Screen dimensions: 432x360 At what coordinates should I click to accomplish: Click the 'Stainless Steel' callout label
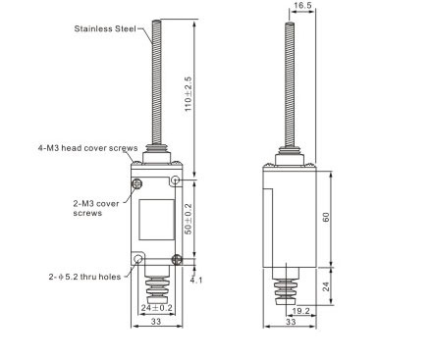pos(105,28)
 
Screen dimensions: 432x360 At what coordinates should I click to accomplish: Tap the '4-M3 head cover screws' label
pos(87,148)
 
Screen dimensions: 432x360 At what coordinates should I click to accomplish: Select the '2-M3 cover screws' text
pos(96,208)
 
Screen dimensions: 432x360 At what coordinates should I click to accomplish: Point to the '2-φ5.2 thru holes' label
pos(84,277)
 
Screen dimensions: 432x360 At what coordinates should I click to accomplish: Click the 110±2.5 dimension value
pos(188,94)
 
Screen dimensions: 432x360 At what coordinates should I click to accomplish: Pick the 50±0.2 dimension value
pos(189,219)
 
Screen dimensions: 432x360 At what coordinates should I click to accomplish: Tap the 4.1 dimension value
pos(196,281)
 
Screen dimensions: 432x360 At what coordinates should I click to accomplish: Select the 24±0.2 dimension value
pos(157,308)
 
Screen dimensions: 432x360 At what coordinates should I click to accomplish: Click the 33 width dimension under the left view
pos(156,322)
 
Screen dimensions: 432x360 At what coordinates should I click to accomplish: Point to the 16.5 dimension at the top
pos(302,6)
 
